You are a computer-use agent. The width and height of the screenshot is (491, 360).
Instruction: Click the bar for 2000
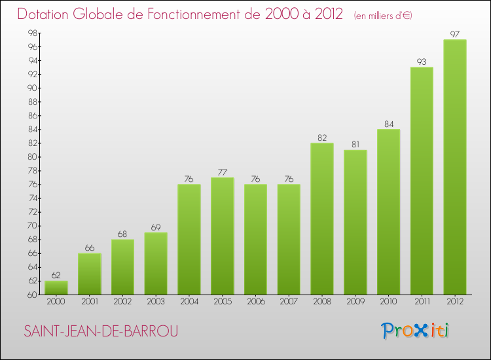click(56, 287)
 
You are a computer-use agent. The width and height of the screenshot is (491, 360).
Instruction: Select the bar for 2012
click(455, 167)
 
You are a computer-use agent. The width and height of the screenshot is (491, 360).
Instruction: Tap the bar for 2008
click(322, 219)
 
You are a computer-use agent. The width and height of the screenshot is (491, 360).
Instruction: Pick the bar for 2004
click(189, 239)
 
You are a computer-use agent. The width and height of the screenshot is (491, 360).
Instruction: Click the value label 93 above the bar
click(422, 62)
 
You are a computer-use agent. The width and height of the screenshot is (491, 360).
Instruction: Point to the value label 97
click(455, 35)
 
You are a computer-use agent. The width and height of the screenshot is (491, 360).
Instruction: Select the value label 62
click(56, 276)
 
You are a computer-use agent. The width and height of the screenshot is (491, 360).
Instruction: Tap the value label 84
click(388, 124)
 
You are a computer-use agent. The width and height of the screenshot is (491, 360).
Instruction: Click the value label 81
click(355, 145)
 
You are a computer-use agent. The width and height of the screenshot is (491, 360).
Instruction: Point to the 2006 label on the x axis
click(255, 302)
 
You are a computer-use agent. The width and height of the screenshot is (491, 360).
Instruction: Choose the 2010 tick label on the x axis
click(388, 302)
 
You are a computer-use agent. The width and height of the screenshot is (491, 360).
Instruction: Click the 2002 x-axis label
click(122, 302)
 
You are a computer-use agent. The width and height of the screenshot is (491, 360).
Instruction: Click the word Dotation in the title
click(46, 14)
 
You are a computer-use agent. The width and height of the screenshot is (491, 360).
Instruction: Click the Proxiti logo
click(416, 331)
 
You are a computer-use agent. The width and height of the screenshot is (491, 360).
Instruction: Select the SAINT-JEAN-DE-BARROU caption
click(101, 332)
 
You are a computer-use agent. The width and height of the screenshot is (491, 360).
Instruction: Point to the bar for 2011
click(422, 181)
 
